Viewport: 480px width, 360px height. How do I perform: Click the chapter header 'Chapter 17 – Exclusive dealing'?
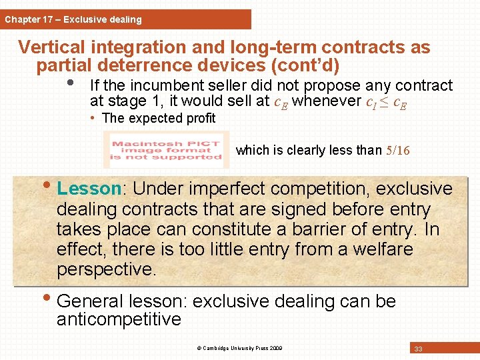coord(73,19)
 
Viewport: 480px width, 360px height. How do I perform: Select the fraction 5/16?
coord(398,151)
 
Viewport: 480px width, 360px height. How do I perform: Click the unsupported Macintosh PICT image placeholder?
coord(166,150)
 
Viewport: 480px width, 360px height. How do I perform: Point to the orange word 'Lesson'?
coord(89,189)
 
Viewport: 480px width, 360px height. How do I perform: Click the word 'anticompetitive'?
coord(119,319)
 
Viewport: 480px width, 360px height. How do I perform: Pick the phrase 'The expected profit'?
coord(159,119)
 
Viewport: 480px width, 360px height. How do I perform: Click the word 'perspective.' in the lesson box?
coord(106,269)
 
